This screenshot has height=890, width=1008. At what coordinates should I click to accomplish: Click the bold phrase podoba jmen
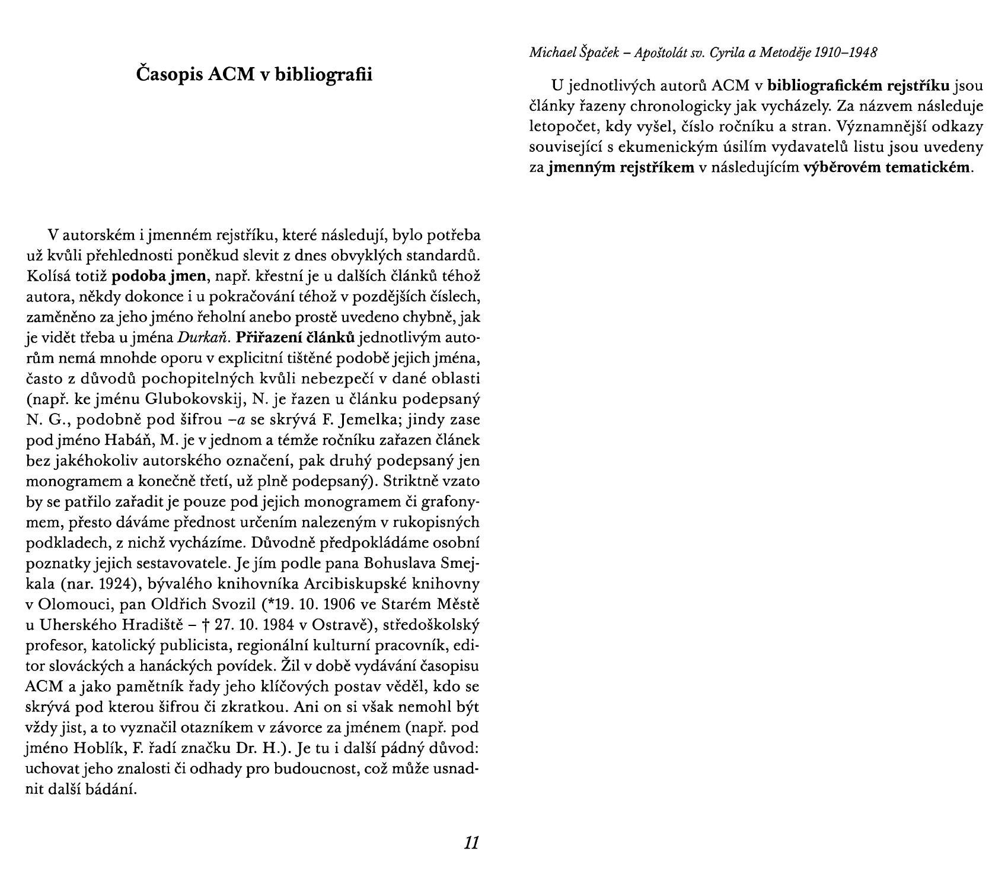159,276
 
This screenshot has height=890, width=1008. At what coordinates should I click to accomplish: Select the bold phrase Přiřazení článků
295,338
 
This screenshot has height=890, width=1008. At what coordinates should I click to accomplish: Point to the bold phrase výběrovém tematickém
887,167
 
